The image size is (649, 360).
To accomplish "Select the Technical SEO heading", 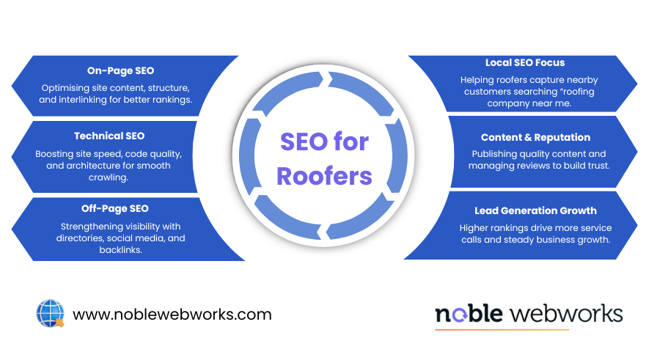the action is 109,136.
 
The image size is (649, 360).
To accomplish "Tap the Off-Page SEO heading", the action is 114,209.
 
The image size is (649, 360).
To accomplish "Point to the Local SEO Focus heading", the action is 524,62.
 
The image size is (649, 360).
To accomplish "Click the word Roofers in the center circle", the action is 326,176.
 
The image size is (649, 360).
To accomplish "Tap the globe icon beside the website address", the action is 50,313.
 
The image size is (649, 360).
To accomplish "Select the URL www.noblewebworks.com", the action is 172,315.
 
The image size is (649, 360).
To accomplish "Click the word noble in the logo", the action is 469,314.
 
